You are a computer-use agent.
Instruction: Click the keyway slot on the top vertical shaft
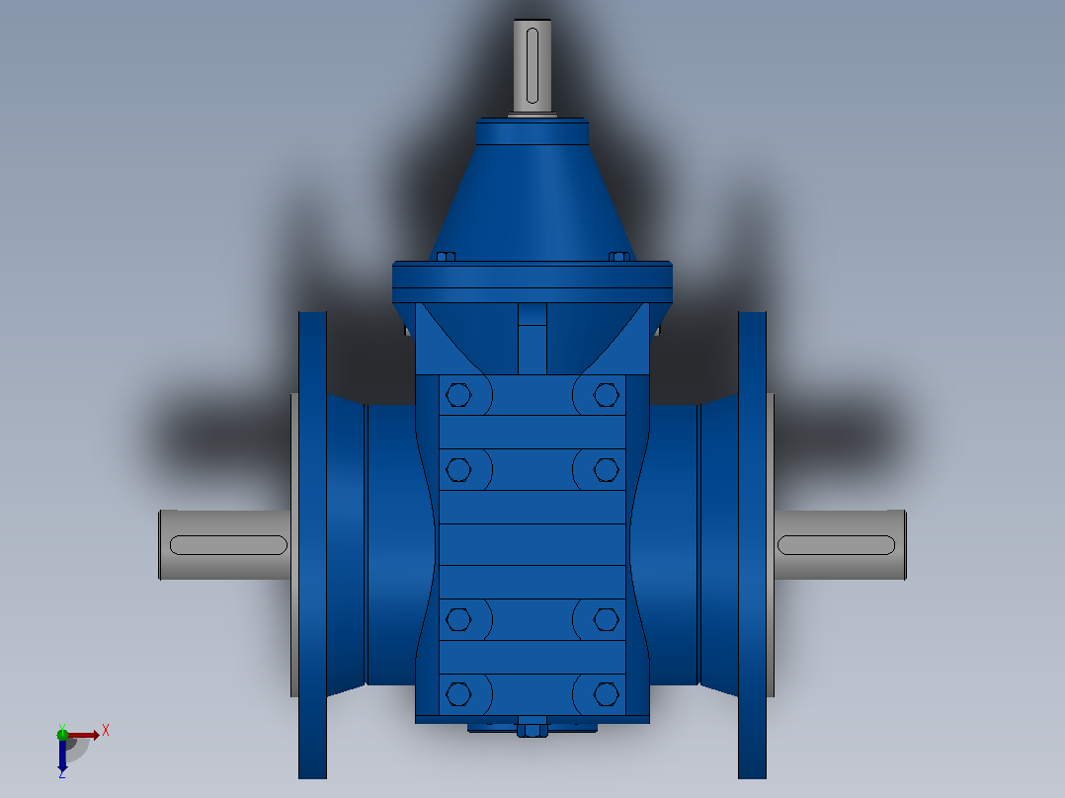pos(532,65)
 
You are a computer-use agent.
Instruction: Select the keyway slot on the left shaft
pos(228,545)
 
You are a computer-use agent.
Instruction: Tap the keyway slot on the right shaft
pos(836,545)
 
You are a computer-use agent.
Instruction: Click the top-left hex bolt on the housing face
pos(458,395)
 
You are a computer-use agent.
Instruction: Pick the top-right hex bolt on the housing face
pos(606,395)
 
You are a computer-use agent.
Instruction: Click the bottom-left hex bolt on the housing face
pos(458,694)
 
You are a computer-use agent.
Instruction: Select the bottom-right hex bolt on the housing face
pos(606,694)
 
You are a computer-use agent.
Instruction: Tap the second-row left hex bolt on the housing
pos(458,469)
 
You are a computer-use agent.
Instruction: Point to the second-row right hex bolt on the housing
pos(606,469)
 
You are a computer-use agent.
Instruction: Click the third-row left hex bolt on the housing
pos(458,619)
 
